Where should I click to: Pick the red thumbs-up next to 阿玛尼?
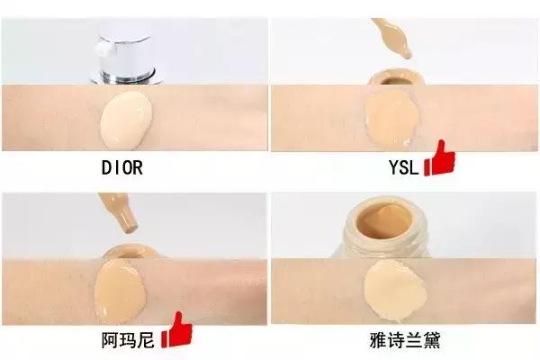coord(176,329)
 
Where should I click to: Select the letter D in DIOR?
coord(104,167)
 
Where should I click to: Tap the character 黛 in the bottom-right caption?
coord(431,339)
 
